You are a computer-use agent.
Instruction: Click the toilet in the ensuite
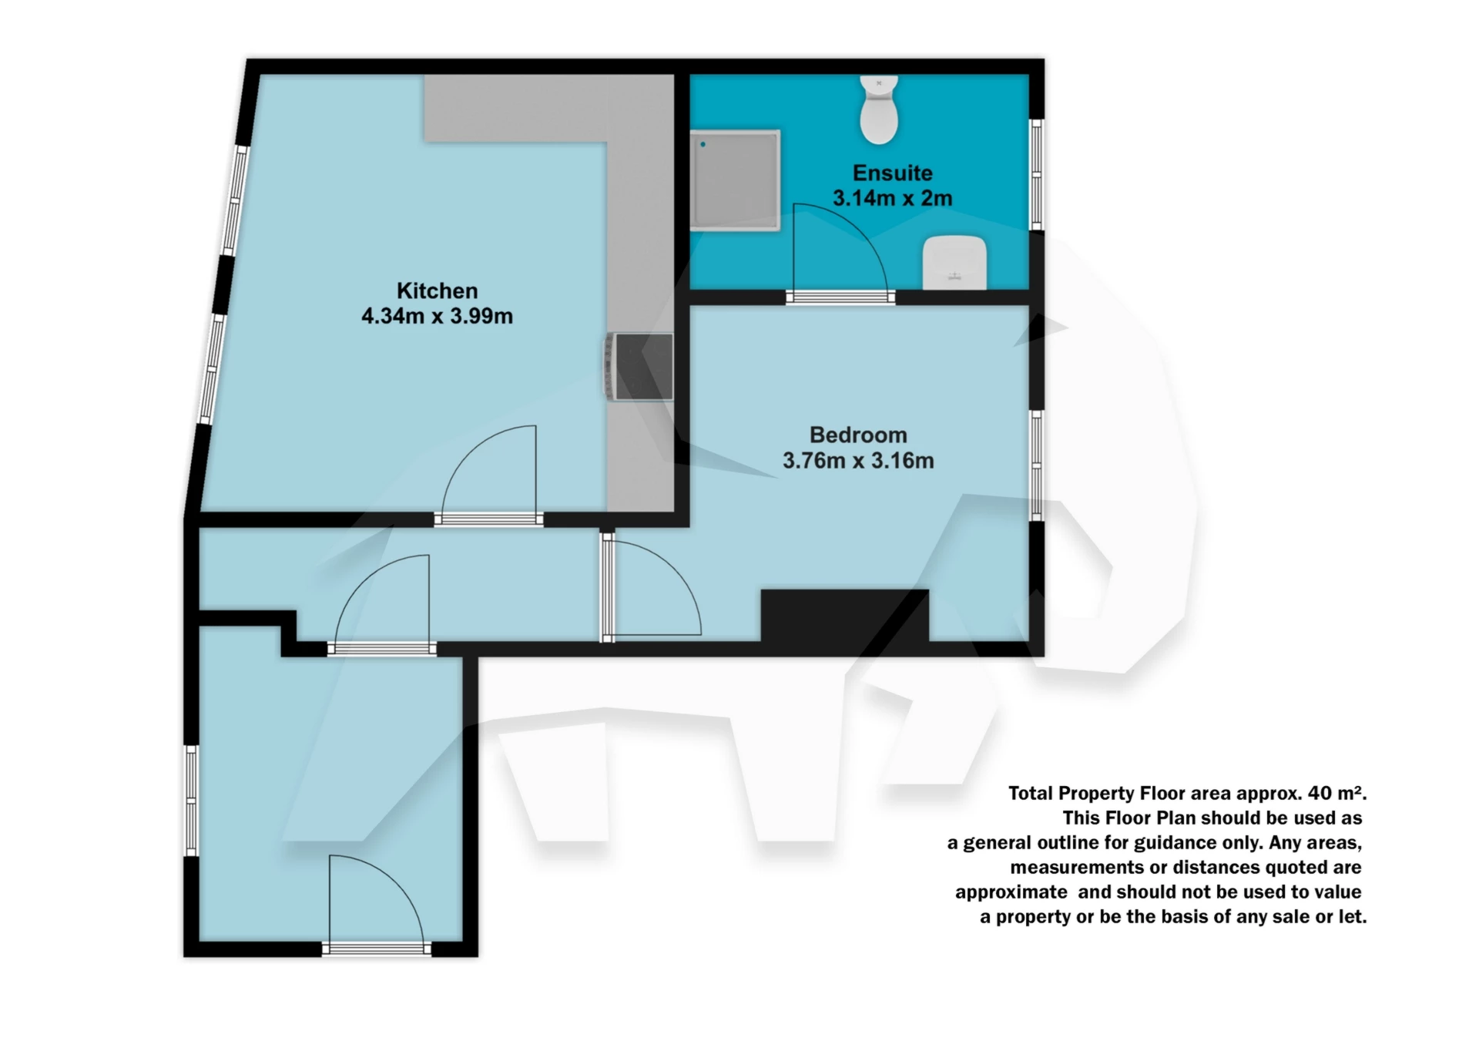(x=879, y=112)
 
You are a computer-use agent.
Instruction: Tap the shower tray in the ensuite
(x=735, y=180)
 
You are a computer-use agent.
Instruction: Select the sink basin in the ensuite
(x=955, y=263)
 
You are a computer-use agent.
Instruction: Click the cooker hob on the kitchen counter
(x=639, y=367)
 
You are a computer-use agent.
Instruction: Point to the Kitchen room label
(x=437, y=291)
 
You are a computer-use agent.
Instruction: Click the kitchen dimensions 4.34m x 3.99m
(x=437, y=316)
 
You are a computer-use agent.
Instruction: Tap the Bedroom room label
(x=858, y=435)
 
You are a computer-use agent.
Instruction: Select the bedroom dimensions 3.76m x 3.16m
(x=858, y=461)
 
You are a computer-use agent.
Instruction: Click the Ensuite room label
(x=892, y=173)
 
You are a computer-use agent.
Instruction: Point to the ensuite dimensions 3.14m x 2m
(x=892, y=198)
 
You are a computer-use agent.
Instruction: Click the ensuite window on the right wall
(x=1037, y=175)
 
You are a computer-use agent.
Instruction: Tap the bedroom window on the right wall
(x=1037, y=465)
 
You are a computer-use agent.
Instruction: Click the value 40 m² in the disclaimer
(x=1336, y=793)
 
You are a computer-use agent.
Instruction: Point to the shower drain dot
(x=703, y=144)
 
